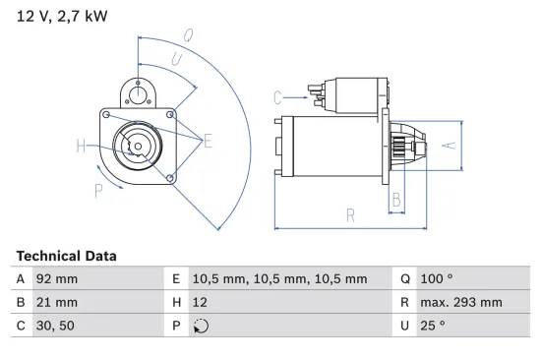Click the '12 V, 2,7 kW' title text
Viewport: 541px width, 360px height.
59,17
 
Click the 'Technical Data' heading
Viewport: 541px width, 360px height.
66,256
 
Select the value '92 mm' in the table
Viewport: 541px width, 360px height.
56,279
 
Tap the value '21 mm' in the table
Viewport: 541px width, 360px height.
56,303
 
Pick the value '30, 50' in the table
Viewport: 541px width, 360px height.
55,326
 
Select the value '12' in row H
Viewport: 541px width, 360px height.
200,303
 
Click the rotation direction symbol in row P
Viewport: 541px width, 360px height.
203,327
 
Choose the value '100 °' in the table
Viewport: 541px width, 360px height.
438,279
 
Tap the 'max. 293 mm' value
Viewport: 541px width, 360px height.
461,303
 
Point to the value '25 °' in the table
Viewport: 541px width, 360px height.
434,326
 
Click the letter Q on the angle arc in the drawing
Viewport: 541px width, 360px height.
187,35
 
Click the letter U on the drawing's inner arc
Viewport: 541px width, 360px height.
175,59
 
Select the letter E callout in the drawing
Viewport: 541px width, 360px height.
208,142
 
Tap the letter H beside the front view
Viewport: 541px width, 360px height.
82,147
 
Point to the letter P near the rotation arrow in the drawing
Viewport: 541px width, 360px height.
98,191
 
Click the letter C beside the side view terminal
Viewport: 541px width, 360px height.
277,96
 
